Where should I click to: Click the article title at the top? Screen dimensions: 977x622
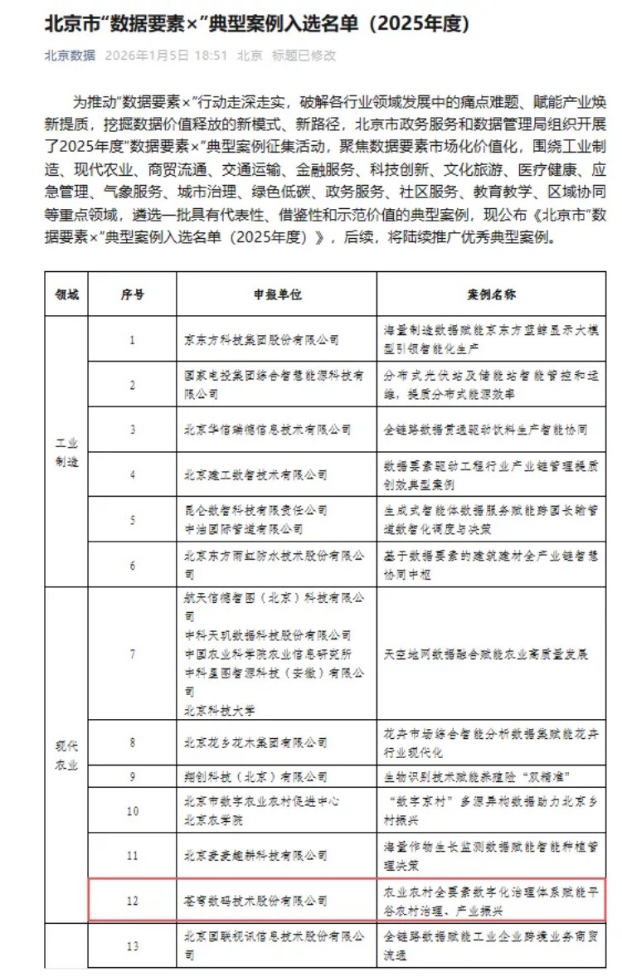tap(257, 25)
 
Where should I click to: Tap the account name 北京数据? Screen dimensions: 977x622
tap(70, 56)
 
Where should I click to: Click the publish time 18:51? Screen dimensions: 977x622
tap(212, 56)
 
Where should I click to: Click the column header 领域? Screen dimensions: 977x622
tap(66, 295)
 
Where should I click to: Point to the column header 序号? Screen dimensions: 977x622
tap(133, 295)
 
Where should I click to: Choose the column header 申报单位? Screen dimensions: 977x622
tap(276, 295)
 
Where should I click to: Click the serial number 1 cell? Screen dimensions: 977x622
tap(133, 339)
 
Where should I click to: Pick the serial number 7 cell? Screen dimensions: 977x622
tap(133, 654)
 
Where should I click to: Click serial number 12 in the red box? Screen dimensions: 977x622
tap(133, 900)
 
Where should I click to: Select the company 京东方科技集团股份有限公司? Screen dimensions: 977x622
tap(261, 339)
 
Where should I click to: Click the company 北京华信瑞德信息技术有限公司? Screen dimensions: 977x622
tap(267, 430)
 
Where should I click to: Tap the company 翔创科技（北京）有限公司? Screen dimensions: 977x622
tap(255, 777)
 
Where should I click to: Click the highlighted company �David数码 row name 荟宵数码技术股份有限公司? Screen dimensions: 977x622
tap(255, 900)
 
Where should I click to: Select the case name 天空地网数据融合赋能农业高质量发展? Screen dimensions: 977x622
tap(486, 654)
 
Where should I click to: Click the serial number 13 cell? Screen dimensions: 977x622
tap(133, 945)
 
